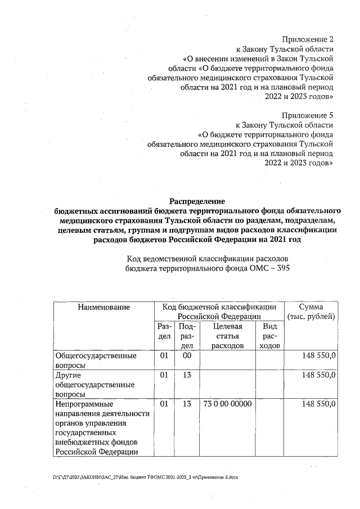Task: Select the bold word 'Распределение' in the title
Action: (197, 201)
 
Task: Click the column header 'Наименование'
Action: (104, 307)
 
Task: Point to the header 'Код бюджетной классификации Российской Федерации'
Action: (219, 312)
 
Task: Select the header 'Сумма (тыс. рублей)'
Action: (311, 312)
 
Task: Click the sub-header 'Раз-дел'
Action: (164, 331)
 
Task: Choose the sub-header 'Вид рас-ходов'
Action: (269, 336)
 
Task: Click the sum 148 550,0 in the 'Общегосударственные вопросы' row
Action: (319, 356)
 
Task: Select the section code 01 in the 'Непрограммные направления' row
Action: (164, 404)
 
